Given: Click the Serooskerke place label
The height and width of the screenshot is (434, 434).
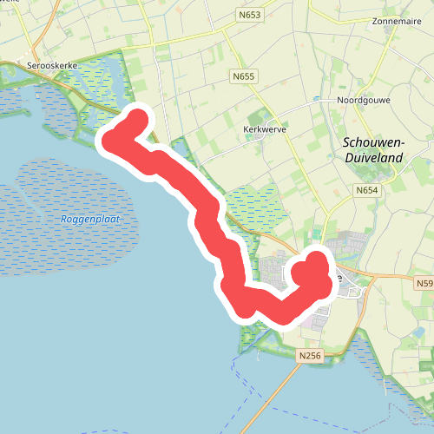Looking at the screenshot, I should point(53,66).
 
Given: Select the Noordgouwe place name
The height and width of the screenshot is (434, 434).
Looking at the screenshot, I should point(364,101).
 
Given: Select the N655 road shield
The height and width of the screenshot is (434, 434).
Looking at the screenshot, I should point(244,77).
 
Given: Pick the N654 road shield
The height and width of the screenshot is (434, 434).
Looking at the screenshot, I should point(365,189).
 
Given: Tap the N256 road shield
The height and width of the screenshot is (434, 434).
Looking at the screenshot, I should point(308,356).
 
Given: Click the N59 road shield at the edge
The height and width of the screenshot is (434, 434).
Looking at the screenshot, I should point(424,284).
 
